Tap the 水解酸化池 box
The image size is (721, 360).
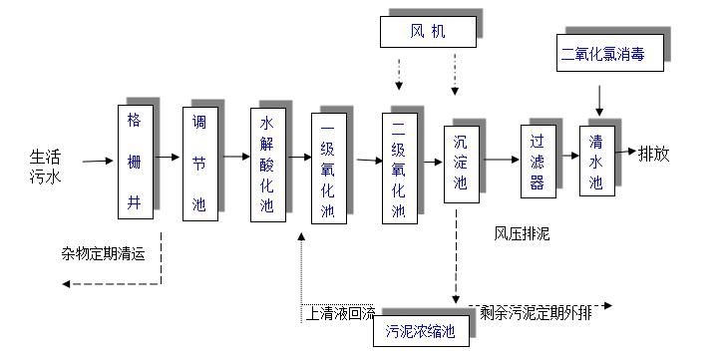coord(266,165)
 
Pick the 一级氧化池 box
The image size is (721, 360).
coord(328,169)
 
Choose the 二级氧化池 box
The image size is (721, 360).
coord(397,169)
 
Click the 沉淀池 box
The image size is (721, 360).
coord(460,166)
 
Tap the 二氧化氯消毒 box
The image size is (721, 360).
coord(602,54)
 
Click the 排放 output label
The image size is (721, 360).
coord(654,154)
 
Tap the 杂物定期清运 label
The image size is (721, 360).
coord(103,252)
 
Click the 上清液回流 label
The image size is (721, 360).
coord(339,313)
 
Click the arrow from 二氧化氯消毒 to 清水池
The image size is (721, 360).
coord(599,99)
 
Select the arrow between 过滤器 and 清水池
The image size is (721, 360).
coord(568,156)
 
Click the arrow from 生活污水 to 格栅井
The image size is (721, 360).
coord(97,160)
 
